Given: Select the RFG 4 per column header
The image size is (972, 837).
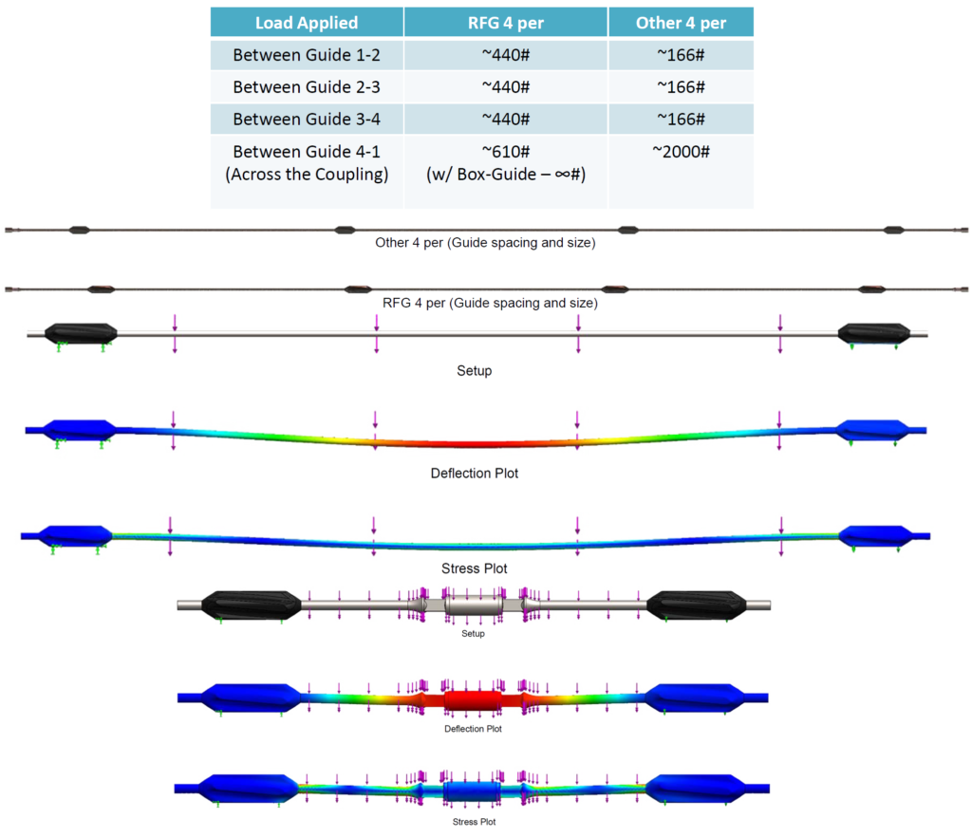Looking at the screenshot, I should (505, 23).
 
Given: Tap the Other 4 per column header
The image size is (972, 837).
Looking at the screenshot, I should (681, 23).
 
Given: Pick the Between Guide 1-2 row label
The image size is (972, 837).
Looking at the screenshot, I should (293, 55).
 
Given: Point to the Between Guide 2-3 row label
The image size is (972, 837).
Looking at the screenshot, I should (293, 87).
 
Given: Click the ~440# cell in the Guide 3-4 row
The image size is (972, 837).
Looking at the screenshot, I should (505, 119).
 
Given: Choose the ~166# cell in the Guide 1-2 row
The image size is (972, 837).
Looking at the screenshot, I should (681, 55).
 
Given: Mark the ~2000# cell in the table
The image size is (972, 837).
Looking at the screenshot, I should (681, 152).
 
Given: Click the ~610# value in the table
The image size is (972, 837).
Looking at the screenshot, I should (505, 152).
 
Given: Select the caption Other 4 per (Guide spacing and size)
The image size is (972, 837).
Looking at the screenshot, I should (486, 243).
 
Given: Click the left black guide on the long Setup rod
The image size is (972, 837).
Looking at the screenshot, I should (81, 332).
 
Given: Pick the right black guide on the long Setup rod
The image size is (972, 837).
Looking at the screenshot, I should (871, 332).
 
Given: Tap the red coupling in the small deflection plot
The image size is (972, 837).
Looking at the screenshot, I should (472, 702).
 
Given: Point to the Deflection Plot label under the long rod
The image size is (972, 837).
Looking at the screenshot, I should (475, 473).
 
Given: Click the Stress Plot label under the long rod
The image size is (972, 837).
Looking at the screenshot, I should (475, 568).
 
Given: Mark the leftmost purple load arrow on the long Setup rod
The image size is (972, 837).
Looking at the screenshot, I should (174, 334).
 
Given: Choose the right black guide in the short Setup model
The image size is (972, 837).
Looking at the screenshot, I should (698, 605).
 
